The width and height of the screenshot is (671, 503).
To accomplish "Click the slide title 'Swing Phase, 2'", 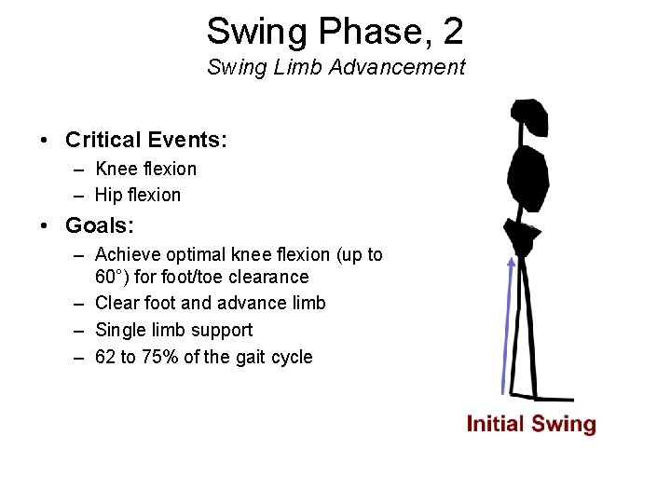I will [x=335, y=31].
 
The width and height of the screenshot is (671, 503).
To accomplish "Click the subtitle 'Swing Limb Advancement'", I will [x=335, y=67].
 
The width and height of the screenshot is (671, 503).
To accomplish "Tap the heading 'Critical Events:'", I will [x=146, y=141].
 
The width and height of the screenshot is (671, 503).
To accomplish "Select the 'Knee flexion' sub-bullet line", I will [x=145, y=169].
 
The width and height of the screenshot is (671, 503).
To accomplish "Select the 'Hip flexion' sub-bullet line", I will [x=138, y=195].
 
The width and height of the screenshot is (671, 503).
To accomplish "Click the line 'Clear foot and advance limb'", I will [x=210, y=303].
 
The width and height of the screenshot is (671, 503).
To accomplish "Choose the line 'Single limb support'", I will [x=173, y=330].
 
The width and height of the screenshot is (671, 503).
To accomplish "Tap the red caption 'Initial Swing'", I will [x=530, y=425].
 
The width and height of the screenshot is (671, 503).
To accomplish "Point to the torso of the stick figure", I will [x=527, y=180].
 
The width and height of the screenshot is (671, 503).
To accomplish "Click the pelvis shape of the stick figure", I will [x=521, y=237].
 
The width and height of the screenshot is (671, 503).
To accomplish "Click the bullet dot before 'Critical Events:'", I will [x=44, y=142].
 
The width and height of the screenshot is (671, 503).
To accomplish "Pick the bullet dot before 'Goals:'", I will [x=44, y=226].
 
